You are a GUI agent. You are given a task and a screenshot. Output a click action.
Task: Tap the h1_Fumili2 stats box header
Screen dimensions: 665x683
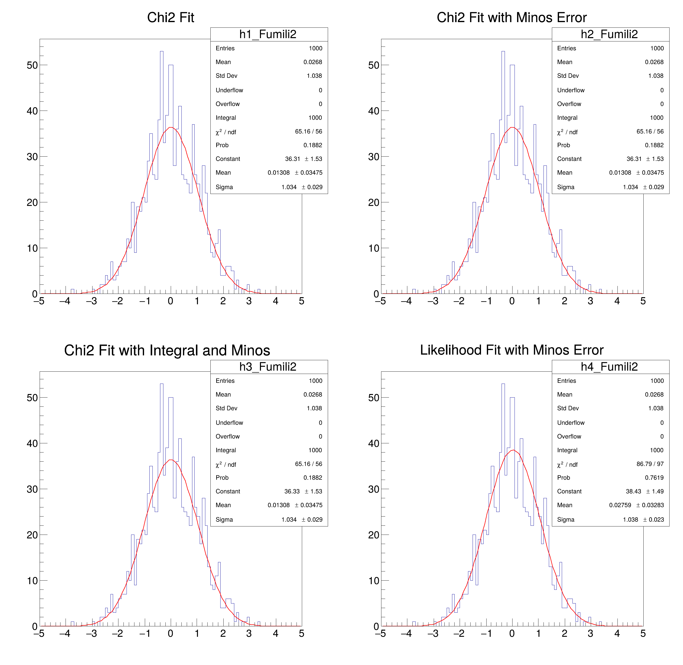[268, 34]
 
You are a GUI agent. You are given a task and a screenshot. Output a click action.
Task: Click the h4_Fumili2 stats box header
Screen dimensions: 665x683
[609, 367]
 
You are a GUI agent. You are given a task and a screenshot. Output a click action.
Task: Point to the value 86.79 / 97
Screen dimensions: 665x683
[650, 464]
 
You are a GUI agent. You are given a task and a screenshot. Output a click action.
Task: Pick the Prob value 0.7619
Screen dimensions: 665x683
[654, 477]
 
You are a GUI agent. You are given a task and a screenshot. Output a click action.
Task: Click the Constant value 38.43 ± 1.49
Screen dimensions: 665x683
[645, 491]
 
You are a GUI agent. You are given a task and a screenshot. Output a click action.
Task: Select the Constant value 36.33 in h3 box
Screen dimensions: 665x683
[292, 491]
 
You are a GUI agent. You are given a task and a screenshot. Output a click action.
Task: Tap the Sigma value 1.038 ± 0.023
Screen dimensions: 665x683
[643, 519]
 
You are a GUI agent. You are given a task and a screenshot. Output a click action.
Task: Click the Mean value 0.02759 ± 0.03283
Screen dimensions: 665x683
[636, 505]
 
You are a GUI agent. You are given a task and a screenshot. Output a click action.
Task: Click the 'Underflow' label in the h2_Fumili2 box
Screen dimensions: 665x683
[570, 90]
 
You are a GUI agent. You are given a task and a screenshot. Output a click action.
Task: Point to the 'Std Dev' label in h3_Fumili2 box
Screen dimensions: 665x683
[226, 408]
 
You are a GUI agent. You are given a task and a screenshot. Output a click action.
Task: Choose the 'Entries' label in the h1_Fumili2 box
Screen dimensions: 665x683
[225, 48]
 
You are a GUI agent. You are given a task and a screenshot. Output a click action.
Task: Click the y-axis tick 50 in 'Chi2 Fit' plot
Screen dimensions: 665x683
[32, 65]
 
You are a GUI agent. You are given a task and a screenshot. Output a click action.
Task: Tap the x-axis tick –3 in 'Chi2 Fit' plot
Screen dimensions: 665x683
[91, 301]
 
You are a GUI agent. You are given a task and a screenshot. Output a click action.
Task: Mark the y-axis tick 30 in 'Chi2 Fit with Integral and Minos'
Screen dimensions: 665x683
[32, 489]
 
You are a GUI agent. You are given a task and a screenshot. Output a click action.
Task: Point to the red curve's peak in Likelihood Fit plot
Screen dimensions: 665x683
[513, 450]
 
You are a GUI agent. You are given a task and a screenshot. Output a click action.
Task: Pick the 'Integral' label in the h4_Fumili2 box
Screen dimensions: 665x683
[567, 450]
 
